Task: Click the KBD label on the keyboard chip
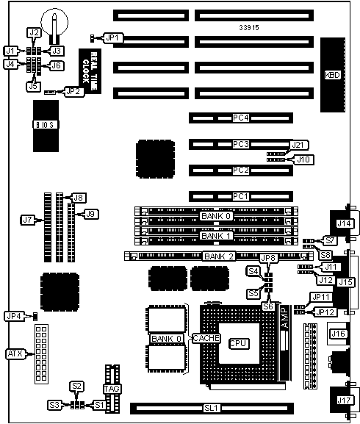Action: point(332,75)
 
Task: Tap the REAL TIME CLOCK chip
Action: point(90,71)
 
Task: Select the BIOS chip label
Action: point(45,125)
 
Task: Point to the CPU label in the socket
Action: point(238,343)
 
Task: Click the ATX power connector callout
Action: point(15,353)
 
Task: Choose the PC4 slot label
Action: point(241,118)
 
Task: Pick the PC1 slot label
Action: point(240,196)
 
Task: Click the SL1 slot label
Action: point(212,408)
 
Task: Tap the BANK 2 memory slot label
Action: point(219,256)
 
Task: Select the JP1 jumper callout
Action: point(113,38)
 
